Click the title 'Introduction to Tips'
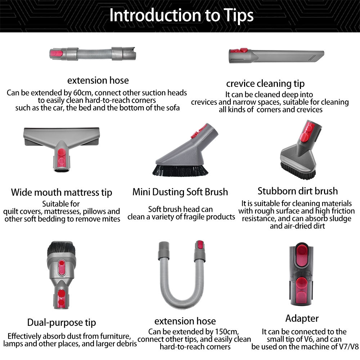181,15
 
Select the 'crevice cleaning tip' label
265,84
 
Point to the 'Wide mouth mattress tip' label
61,192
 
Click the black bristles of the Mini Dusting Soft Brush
180,170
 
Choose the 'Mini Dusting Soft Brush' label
180,192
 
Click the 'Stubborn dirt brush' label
298,191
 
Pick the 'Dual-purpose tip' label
62,322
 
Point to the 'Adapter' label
302,318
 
